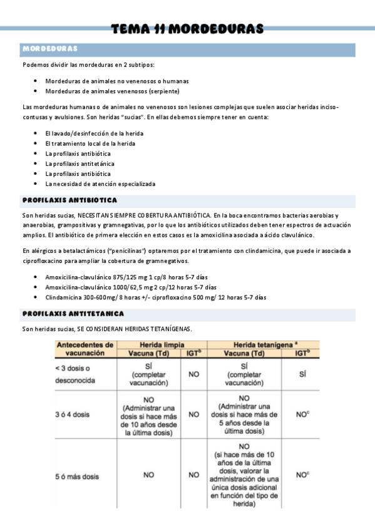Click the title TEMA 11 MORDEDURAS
pos(187,29)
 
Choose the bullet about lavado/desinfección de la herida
pos(94,133)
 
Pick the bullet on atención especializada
pos(100,183)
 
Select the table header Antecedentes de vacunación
pos(85,349)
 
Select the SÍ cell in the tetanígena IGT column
pos(302,374)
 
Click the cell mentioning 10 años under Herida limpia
pos(149,414)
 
